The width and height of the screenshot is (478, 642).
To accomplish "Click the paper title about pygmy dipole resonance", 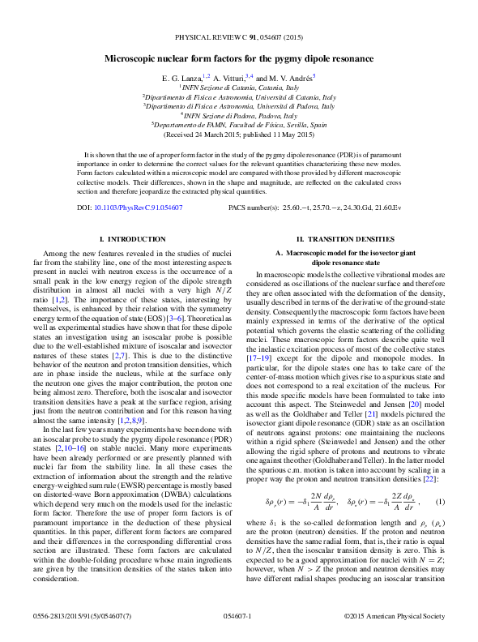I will point(238,59).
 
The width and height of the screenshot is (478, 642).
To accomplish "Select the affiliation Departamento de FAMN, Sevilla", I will point(239,125).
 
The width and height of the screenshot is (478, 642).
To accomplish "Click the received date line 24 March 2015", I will point(239,135).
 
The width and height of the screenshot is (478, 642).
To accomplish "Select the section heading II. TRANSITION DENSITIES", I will point(345,240).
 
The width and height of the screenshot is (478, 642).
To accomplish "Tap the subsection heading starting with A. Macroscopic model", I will point(345,258).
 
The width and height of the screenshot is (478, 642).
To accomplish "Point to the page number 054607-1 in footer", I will point(238,617).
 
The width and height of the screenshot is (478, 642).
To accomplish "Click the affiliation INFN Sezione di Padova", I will point(239,115).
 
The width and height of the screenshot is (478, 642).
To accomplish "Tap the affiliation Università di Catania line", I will point(239,96).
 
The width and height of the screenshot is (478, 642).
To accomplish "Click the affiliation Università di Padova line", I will point(239,105).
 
